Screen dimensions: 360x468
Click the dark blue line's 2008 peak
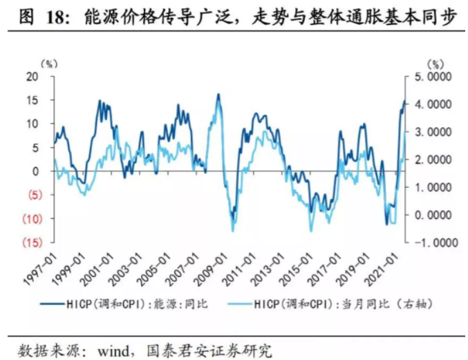218,95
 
